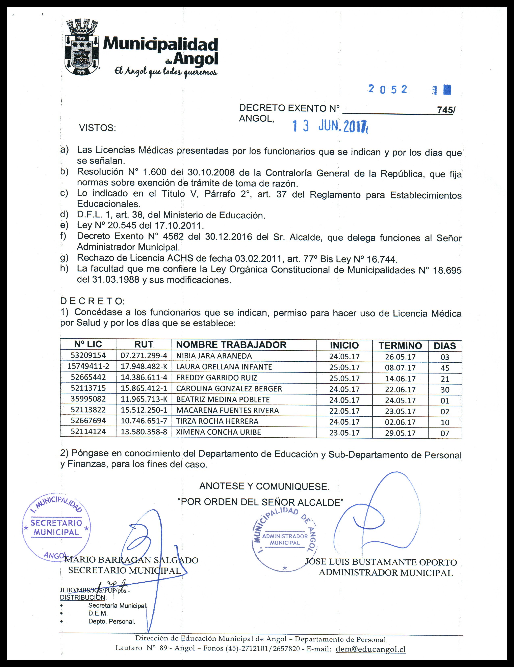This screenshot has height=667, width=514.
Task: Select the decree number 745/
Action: pyautogui.click(x=445, y=110)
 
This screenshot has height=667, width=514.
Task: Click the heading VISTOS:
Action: pyautogui.click(x=98, y=128)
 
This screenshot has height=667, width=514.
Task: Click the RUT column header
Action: pyautogui.click(x=144, y=344)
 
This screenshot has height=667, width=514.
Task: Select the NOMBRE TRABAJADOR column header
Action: pyautogui.click(x=231, y=345)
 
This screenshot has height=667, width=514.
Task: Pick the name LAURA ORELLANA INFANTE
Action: pyautogui.click(x=224, y=367)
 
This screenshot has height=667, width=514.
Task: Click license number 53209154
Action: pyautogui.click(x=88, y=356)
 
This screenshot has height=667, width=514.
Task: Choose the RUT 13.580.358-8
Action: pyautogui.click(x=144, y=432)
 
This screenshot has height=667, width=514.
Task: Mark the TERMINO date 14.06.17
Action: pyautogui.click(x=400, y=379)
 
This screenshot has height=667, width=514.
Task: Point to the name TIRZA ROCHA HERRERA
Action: pyautogui.click(x=217, y=421)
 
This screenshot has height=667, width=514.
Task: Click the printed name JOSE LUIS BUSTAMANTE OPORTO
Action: pyautogui.click(x=381, y=562)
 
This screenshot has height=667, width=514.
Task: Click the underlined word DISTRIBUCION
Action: pyautogui.click(x=83, y=597)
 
